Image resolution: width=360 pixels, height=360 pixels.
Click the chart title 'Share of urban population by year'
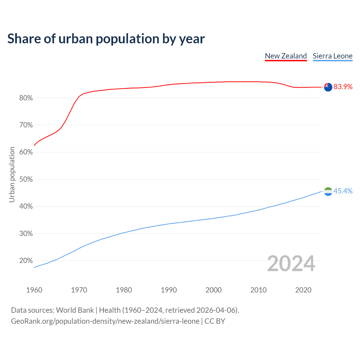click(x=106, y=39)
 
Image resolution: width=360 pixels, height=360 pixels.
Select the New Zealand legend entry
click(x=286, y=56)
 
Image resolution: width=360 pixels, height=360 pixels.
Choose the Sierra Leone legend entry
click(x=332, y=56)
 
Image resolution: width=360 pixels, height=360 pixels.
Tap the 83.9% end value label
click(x=343, y=87)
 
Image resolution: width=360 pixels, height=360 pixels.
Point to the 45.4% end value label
click(x=343, y=191)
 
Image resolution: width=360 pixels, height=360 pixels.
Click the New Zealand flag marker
click(x=328, y=87)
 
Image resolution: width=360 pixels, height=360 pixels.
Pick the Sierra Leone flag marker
click(x=328, y=192)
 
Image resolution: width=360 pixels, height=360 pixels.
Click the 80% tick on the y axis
click(x=26, y=98)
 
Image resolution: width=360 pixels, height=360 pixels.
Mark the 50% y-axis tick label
click(x=26, y=179)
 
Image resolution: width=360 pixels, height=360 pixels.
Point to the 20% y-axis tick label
click(x=26, y=261)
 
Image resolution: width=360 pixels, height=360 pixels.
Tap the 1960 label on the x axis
click(x=34, y=290)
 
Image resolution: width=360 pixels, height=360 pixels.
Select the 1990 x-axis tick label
click(x=169, y=290)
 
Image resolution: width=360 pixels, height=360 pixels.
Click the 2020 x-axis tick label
click(x=303, y=290)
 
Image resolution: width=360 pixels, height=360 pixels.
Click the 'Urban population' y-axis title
click(x=12, y=174)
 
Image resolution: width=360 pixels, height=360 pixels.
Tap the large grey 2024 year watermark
click(x=291, y=264)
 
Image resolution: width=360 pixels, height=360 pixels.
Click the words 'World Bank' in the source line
click(x=75, y=310)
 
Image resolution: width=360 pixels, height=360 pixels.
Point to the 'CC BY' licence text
click(x=215, y=321)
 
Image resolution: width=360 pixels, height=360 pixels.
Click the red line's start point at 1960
click(x=34, y=145)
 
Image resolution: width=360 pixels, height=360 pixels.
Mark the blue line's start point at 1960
click(x=34, y=267)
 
